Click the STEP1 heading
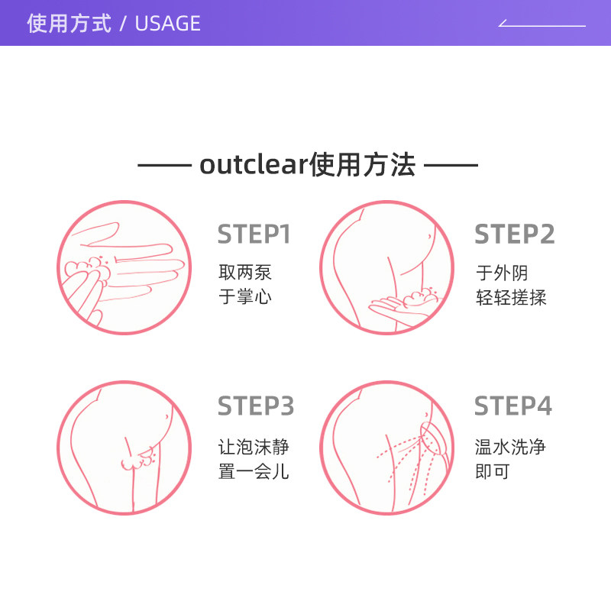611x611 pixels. tap(254, 234)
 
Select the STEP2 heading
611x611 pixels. tap(514, 234)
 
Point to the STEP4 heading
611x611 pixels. tap(513, 406)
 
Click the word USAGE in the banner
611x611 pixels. tap(167, 24)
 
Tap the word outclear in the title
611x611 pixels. tap(252, 165)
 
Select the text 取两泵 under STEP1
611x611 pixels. tap(245, 273)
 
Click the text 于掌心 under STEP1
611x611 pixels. tap(245, 297)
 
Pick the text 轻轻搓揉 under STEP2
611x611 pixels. tap(511, 297)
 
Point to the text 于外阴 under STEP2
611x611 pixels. tap(502, 273)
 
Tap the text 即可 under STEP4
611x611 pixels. tap(493, 471)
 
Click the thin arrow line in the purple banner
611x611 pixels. tap(542, 25)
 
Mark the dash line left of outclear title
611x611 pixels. tap(163, 165)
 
